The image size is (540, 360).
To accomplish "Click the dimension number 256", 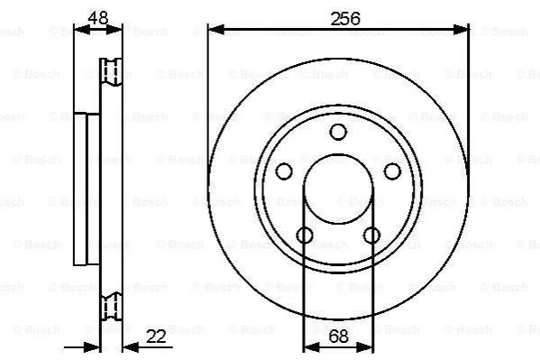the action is click(345, 19).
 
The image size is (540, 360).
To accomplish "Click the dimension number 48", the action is click(98, 18).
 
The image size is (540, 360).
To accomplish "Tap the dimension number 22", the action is click(156, 337).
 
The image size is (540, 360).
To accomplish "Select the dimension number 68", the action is click(339, 337).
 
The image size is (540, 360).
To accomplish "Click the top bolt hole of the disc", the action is click(338, 132).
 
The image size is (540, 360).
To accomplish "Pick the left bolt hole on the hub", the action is click(284, 171).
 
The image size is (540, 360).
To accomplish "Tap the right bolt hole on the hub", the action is click(392, 171).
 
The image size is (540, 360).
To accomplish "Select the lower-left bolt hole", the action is click(305, 235).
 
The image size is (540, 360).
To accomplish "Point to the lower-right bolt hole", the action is click(372, 235).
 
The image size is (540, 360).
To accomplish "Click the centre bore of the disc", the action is click(338, 189).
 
